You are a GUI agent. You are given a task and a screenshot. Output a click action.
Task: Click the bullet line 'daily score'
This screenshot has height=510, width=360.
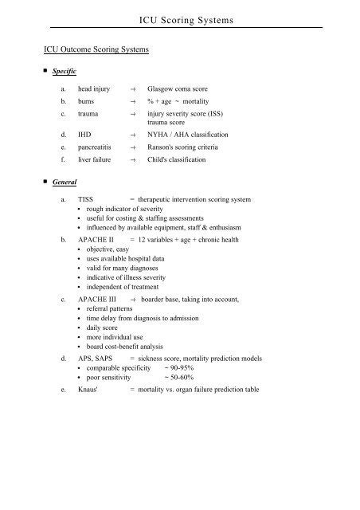coord(102,328)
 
